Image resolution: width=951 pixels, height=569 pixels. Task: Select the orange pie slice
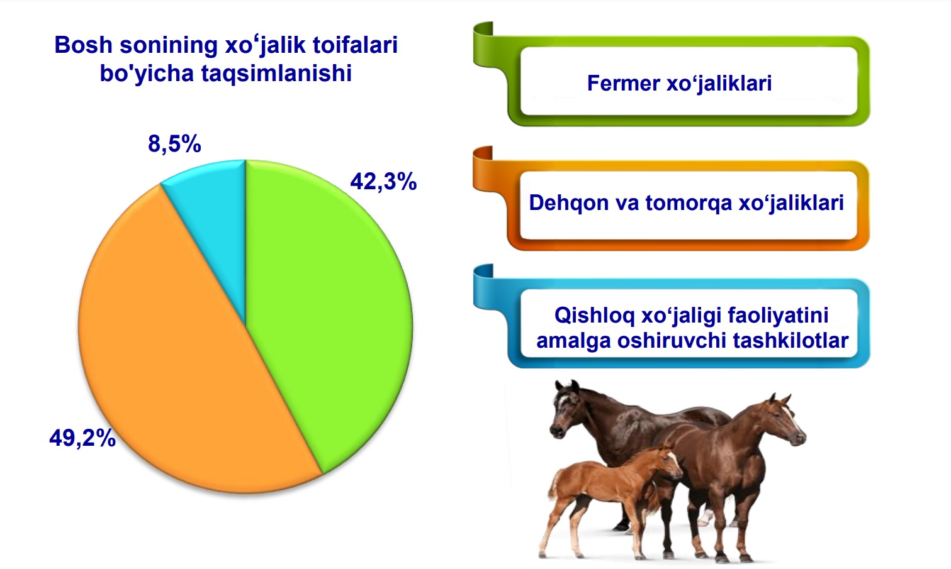tap(178, 360)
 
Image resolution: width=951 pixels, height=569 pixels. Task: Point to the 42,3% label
tap(383, 182)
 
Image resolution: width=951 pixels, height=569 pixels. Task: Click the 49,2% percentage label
tap(82, 438)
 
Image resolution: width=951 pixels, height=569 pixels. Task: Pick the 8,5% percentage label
tap(174, 144)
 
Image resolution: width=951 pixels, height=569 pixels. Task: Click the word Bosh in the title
tap(83, 45)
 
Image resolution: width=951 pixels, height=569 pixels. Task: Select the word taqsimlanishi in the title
tap(276, 74)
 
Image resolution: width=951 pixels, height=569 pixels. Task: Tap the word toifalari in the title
tap(356, 45)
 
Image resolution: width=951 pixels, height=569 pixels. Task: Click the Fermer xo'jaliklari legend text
tap(679, 83)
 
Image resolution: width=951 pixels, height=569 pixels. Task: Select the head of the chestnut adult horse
tap(785, 420)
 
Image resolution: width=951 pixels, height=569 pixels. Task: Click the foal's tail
tap(553, 485)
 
